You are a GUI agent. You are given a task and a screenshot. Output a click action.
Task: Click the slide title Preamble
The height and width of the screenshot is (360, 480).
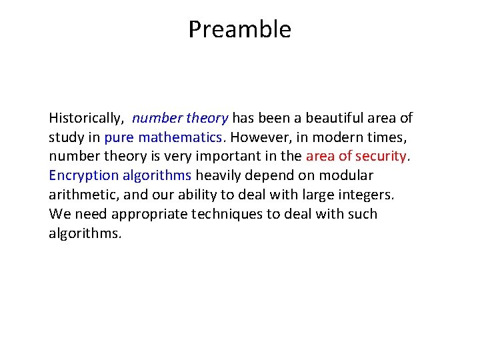coord(239,29)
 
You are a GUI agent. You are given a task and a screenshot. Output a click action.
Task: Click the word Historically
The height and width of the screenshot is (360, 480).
coord(85,119)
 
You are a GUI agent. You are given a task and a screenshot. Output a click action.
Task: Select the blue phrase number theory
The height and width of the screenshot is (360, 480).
coord(180,119)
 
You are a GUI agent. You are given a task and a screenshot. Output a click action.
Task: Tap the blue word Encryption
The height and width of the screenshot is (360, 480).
coord(83,176)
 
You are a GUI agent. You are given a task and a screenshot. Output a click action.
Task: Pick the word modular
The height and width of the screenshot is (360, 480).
coord(346,176)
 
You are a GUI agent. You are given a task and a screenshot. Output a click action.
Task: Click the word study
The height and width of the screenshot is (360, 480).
coord(65,138)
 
